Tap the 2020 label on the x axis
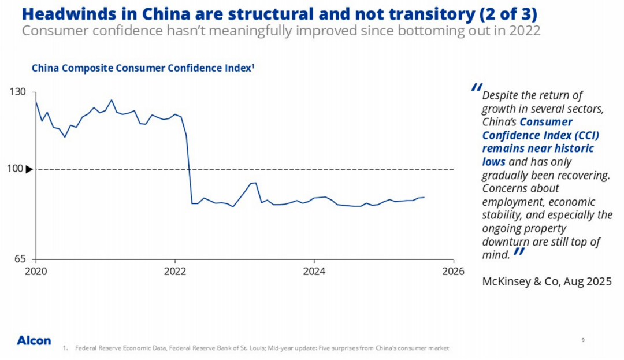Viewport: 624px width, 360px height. [x=36, y=270]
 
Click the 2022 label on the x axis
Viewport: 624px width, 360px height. [x=174, y=270]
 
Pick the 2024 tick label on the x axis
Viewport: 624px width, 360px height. [x=314, y=270]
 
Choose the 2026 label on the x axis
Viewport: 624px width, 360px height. [x=453, y=270]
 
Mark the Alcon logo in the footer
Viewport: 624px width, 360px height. [x=34, y=340]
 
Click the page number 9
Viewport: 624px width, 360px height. [x=583, y=340]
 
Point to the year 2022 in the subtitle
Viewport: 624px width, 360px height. [x=525, y=31]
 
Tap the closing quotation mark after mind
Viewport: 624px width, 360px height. [x=519, y=251]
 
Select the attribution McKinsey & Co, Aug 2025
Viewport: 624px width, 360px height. [x=546, y=281]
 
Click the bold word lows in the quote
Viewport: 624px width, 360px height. [x=493, y=162]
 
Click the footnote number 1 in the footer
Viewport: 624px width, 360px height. [x=65, y=348]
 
